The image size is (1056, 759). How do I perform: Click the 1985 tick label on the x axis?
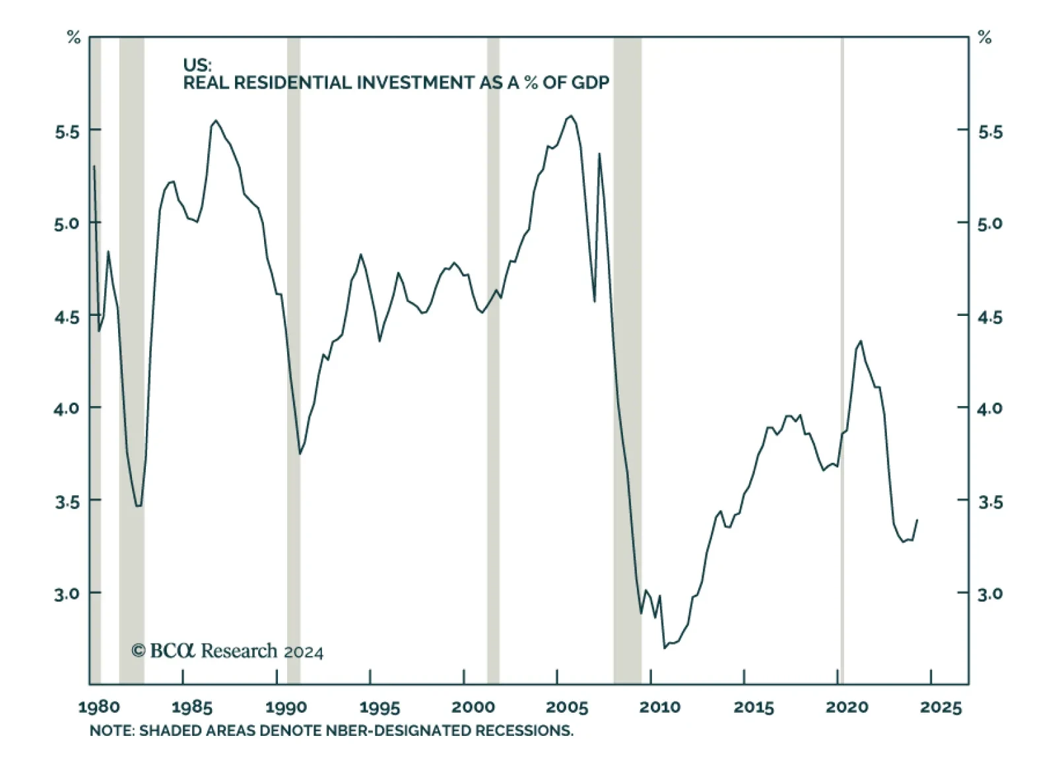tap(191, 708)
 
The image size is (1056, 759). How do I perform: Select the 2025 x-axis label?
tap(940, 708)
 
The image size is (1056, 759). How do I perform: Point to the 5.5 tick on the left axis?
tap(67, 132)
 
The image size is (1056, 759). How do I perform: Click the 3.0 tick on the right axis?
tap(989, 593)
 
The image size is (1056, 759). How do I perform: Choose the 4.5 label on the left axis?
tap(67, 317)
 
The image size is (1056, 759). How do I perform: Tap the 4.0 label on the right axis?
tap(989, 408)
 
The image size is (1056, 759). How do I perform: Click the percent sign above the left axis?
tap(73, 38)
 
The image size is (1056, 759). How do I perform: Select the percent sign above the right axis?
tap(985, 38)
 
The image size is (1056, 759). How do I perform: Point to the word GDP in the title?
tap(590, 83)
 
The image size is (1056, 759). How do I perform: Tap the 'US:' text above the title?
tap(197, 65)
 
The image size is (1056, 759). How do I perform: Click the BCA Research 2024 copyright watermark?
tap(228, 651)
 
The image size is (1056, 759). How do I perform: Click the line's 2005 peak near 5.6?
tap(571, 116)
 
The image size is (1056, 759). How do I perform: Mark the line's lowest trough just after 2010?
tap(665, 648)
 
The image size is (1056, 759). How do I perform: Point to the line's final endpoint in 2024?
tap(917, 520)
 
